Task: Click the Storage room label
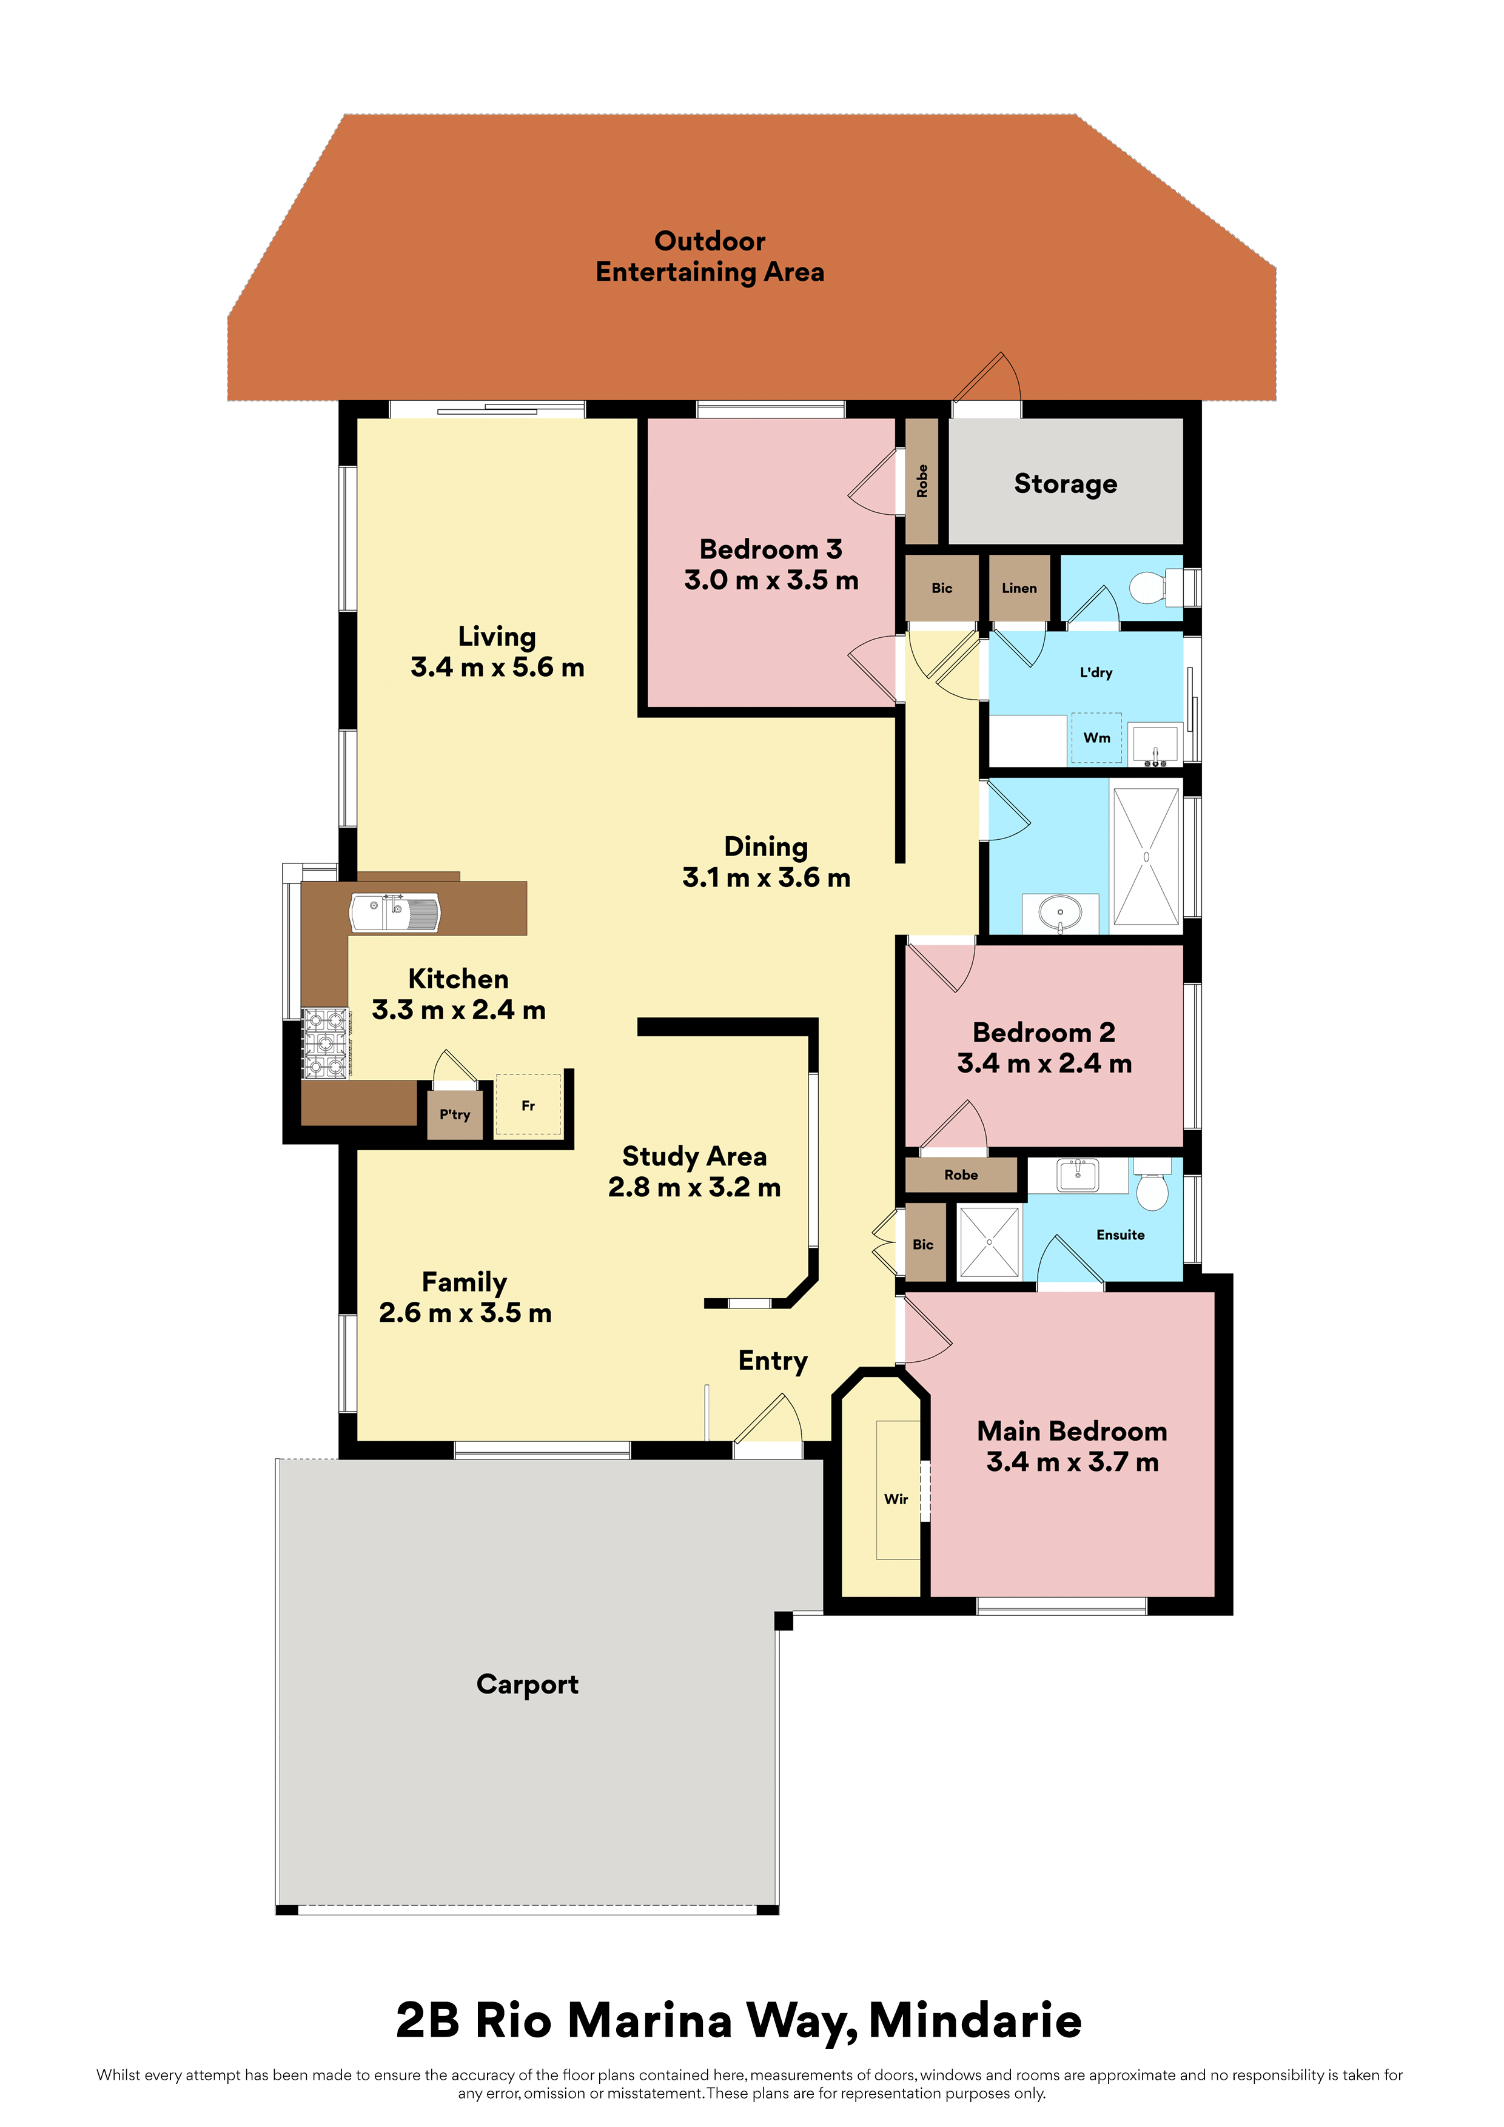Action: [1065, 484]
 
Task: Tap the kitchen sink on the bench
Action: [395, 913]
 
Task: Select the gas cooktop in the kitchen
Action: [325, 1043]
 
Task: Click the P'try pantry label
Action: [454, 1114]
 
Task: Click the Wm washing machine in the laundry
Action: [1096, 737]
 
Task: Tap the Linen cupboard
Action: [1019, 588]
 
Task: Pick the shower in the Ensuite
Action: [989, 1241]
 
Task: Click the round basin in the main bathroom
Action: [1060, 913]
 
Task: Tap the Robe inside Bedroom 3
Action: [922, 481]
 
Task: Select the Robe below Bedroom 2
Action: [961, 1174]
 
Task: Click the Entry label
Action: [773, 1360]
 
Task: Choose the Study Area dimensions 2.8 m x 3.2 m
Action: [694, 1187]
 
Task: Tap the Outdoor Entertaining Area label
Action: [710, 256]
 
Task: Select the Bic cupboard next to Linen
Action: [941, 588]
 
